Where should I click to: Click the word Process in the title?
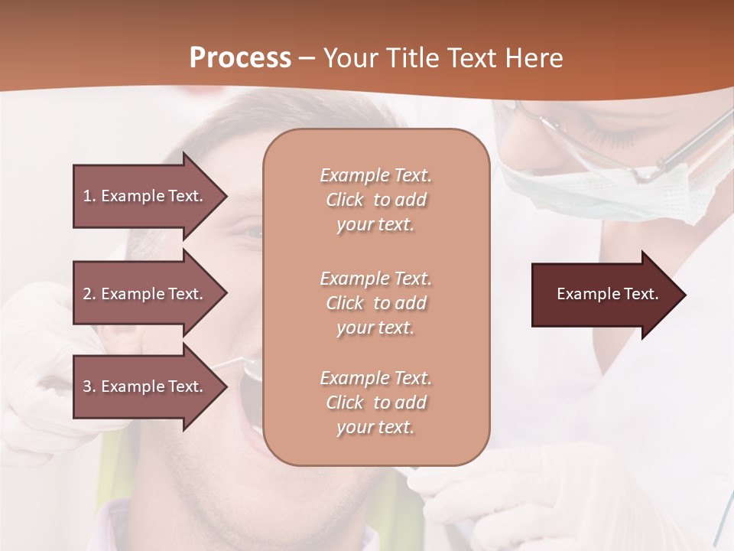click(240, 57)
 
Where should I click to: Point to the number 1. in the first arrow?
click(89, 196)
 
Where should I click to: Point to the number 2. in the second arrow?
click(89, 294)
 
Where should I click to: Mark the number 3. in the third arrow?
click(89, 386)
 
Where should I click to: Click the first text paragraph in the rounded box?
click(375, 200)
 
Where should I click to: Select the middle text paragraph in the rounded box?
click(375, 303)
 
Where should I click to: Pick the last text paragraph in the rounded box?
click(375, 403)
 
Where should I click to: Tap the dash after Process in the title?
click(307, 58)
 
